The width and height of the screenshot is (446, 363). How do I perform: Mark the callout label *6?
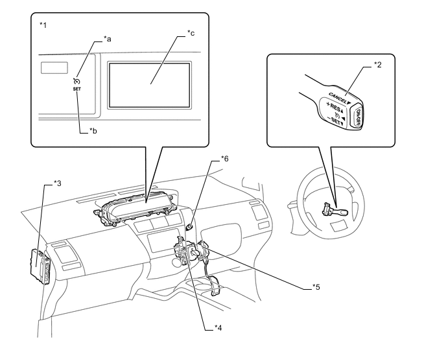tap(225, 158)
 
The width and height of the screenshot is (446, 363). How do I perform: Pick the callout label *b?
tap(93, 131)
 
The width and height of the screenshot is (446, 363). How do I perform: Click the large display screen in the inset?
tap(148, 84)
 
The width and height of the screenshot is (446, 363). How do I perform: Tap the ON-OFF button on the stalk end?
tap(356, 119)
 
